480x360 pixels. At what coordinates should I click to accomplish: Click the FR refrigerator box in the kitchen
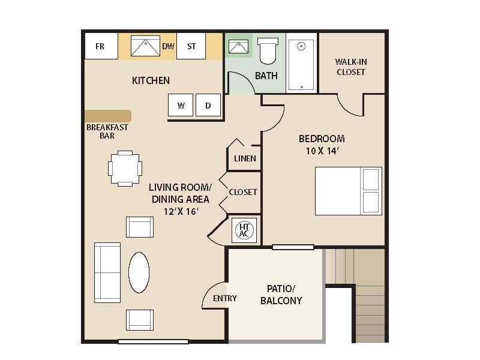click(x=100, y=46)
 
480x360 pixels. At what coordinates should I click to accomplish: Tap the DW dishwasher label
click(x=168, y=46)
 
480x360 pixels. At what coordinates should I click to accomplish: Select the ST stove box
click(x=191, y=46)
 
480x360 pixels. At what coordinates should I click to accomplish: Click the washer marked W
click(x=181, y=106)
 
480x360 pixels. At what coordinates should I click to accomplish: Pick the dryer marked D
click(x=208, y=106)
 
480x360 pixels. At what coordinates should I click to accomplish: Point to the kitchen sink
click(x=143, y=46)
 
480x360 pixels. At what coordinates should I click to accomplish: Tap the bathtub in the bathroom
click(x=301, y=64)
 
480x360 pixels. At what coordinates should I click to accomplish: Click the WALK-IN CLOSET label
click(x=350, y=67)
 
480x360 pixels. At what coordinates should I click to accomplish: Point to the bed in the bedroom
click(x=348, y=191)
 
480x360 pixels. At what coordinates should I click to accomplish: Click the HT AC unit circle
click(x=244, y=230)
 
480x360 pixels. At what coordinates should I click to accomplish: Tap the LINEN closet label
click(x=245, y=159)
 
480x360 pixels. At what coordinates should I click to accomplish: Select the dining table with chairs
click(x=125, y=168)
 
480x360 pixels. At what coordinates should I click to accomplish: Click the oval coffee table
click(x=139, y=272)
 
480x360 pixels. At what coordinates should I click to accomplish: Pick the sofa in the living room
click(x=107, y=271)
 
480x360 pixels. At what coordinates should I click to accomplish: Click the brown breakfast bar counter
click(x=108, y=116)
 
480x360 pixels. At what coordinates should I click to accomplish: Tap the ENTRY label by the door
click(x=224, y=298)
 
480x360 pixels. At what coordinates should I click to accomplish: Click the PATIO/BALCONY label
click(x=281, y=295)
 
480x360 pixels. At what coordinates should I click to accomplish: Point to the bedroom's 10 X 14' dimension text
click(x=322, y=151)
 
